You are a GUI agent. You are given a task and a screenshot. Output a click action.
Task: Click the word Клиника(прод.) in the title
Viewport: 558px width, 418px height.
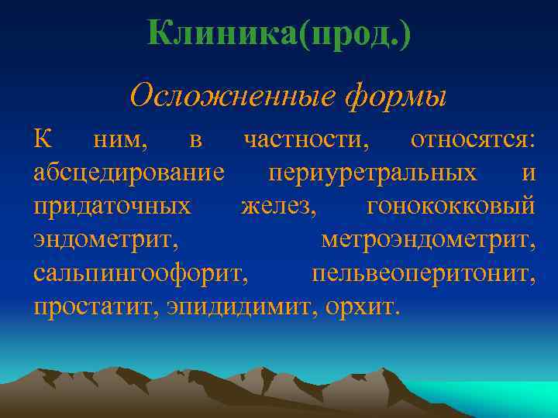click(279, 34)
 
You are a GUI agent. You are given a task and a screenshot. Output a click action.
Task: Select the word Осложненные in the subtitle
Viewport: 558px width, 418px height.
click(232, 96)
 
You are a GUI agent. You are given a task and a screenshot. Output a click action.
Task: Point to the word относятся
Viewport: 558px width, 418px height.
click(473, 140)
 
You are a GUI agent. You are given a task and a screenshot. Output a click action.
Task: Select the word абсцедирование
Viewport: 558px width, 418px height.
click(129, 174)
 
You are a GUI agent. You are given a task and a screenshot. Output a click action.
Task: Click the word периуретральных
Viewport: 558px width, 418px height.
click(372, 173)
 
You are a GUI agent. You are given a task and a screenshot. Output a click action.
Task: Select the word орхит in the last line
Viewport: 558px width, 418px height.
click(361, 307)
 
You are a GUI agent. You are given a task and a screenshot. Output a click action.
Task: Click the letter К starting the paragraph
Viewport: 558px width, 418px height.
click(43, 140)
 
